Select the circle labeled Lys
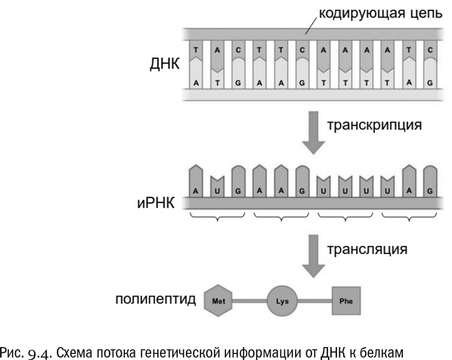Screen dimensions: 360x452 (279, 301)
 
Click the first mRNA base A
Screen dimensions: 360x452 (197, 192)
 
